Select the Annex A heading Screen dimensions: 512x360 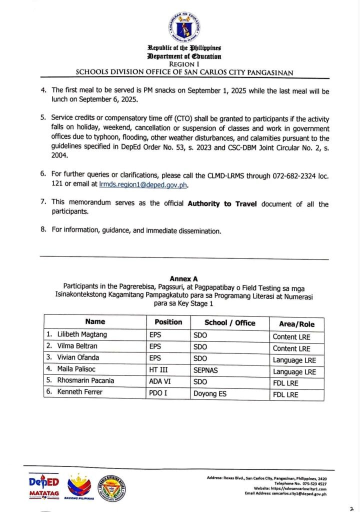tap(183, 278)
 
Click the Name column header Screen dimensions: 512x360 tap(95, 322)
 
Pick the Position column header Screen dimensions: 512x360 tap(168, 322)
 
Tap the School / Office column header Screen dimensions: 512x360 tap(229, 322)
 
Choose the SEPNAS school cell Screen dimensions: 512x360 tap(206, 369)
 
